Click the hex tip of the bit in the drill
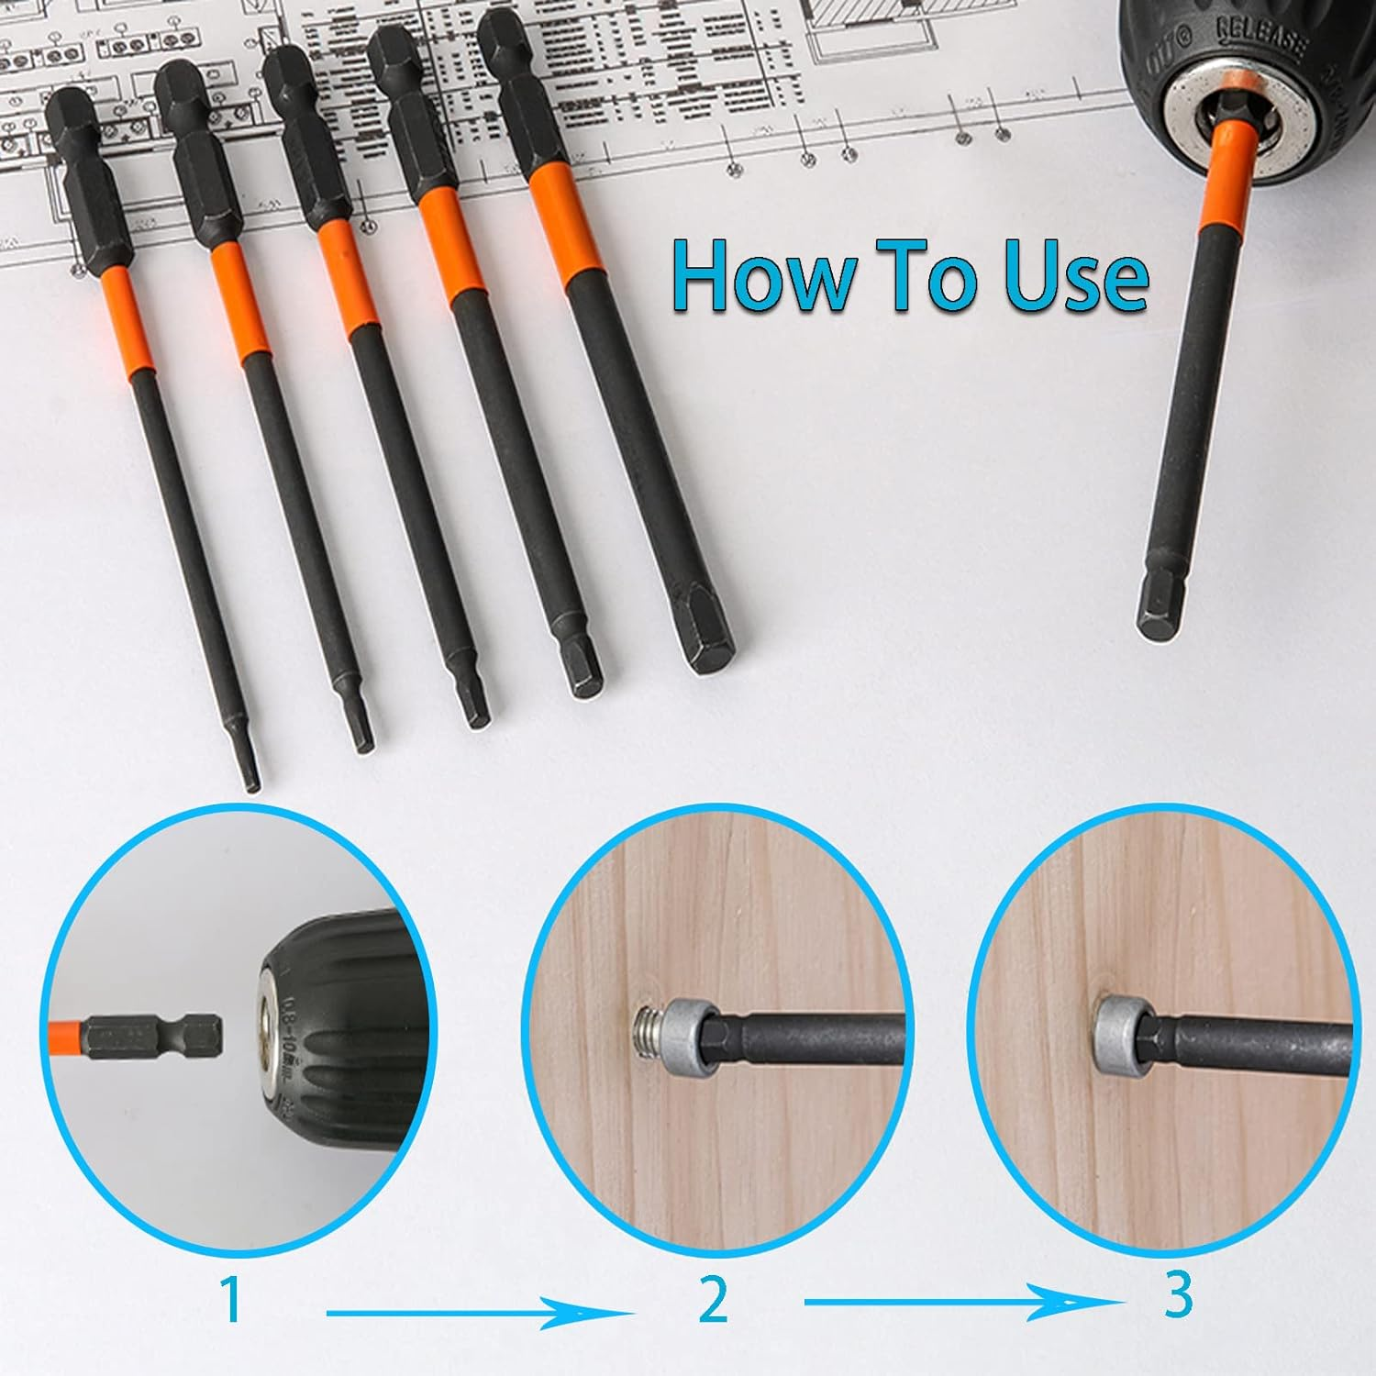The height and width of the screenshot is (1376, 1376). (x=1159, y=615)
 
